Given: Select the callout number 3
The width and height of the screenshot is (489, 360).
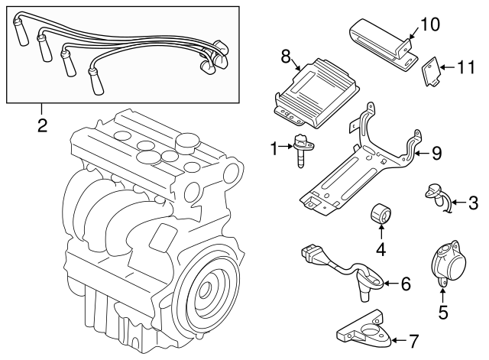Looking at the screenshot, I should pos(473,203).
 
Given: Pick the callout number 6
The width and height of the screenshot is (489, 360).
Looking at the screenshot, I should pos(405,284).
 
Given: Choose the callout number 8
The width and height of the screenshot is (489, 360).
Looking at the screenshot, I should pos(286,55).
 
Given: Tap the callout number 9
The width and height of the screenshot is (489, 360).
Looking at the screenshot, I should pos(436,153).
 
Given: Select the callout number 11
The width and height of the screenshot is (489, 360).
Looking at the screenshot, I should pos(465,68).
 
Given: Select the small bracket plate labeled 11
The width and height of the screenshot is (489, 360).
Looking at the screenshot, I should pos(432,72).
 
